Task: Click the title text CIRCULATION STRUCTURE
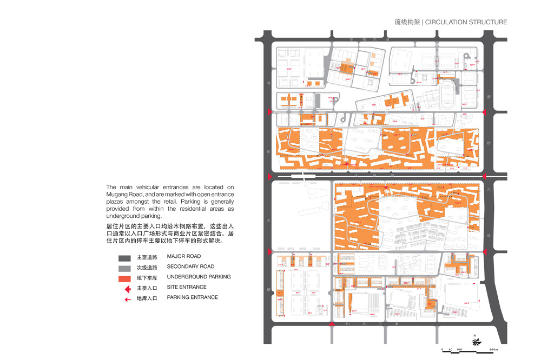[x=466, y=22]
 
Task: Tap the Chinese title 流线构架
[x=407, y=22]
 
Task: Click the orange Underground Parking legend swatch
[x=124, y=278]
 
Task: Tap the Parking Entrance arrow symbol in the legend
[x=128, y=299]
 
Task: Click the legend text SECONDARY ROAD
[x=190, y=266]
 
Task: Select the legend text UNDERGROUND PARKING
[x=199, y=277]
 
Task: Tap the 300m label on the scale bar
[x=493, y=350]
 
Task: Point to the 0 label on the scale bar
[x=442, y=350]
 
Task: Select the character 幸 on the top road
[x=351, y=39]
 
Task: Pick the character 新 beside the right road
[x=488, y=97]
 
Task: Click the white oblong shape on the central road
[x=303, y=176]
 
